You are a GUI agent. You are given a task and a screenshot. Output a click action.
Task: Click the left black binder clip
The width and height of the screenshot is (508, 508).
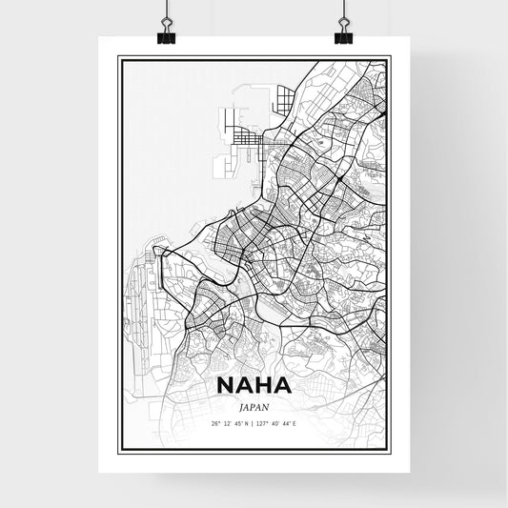pos(166,34)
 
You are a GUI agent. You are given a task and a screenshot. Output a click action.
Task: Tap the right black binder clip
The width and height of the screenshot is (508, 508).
pos(343,34)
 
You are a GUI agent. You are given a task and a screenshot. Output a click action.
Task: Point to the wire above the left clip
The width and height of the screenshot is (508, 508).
pos(166,11)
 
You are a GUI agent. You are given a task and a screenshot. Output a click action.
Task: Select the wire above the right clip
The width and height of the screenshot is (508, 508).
pos(343,11)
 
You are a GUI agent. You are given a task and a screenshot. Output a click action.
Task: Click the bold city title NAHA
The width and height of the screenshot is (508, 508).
pos(254,385)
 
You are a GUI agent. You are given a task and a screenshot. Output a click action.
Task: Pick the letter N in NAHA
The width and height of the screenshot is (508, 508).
pos(227,385)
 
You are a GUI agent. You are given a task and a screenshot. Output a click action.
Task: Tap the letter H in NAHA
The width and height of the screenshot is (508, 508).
pos(265,385)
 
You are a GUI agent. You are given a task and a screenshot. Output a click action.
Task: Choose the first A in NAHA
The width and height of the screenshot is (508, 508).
pos(246,385)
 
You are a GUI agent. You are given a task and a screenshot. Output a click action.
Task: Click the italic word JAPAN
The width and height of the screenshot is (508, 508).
pos(254,405)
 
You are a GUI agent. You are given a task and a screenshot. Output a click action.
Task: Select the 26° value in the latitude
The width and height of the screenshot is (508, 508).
pos(215,423)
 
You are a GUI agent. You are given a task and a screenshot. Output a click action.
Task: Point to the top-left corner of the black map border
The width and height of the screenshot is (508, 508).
pos(118,57)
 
